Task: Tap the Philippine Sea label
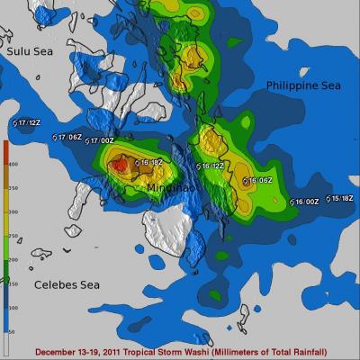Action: pos(303,85)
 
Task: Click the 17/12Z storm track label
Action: pos(28,122)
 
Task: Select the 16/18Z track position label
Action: pos(148,163)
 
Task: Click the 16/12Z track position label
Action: pos(211,166)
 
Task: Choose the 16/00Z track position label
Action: pos(307,202)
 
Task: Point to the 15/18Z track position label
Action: pos(341,198)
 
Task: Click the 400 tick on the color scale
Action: pos(13,165)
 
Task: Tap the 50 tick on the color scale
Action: pos(13,332)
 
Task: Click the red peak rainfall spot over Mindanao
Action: pos(119,166)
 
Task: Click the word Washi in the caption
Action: pos(172,351)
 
